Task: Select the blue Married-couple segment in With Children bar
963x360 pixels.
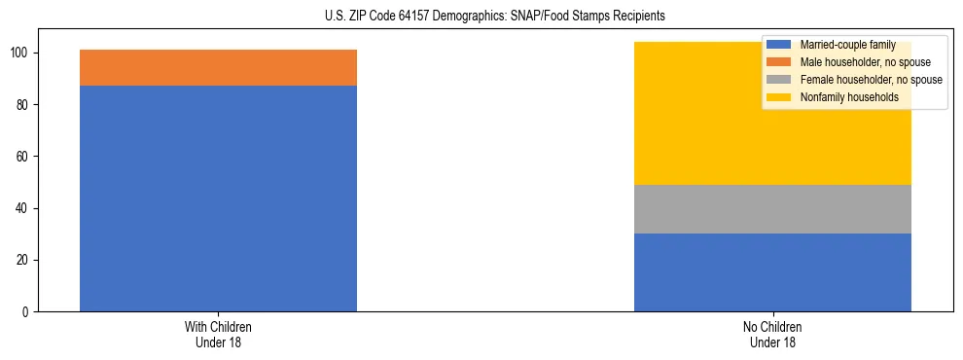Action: (218, 198)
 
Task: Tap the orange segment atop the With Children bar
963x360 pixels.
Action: (218, 67)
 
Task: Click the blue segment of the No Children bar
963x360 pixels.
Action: (772, 272)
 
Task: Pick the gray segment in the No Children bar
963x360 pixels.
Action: (772, 209)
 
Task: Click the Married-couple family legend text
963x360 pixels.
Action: (847, 45)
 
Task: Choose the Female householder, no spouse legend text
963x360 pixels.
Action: (871, 80)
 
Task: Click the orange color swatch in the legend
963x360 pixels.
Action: (779, 62)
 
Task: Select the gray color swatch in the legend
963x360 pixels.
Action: (779, 80)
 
